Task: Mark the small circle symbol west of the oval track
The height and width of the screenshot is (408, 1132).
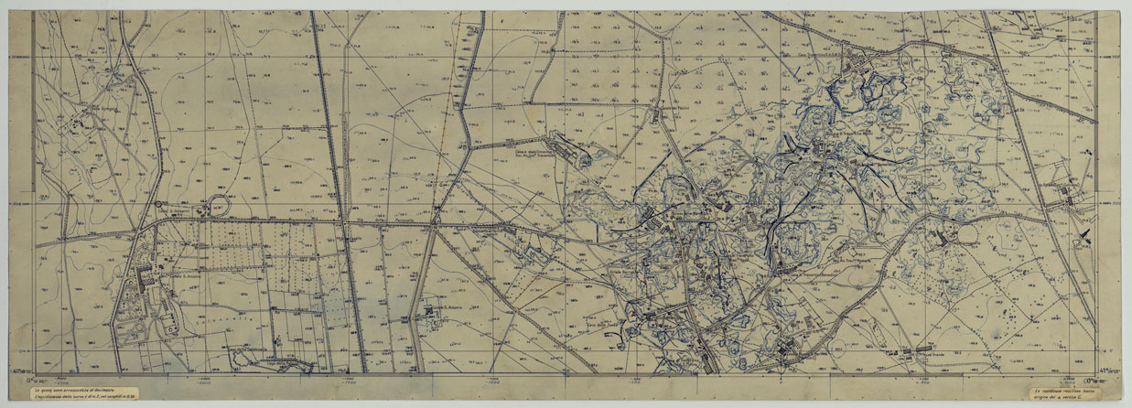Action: click(156, 204)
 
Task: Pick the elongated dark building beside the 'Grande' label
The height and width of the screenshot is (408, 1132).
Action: click(915, 351)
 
